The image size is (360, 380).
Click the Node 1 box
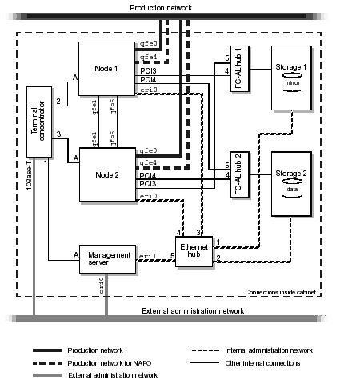pyautogui.click(x=106, y=70)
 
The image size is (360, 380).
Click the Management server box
pyautogui.click(x=104, y=259)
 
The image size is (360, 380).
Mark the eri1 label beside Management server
pyautogui.click(x=147, y=256)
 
